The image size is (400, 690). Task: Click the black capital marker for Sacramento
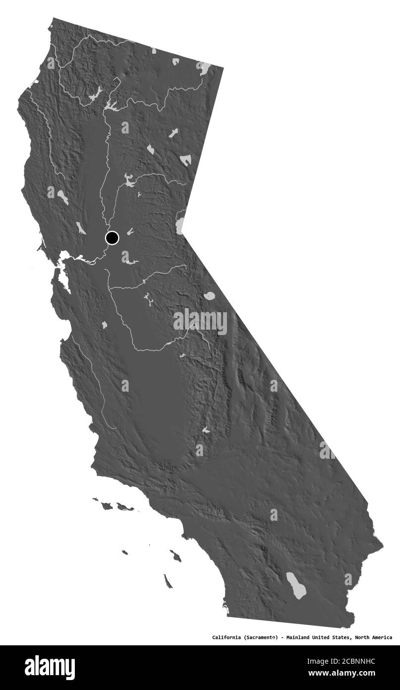[113, 238]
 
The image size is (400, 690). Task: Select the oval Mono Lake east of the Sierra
[209, 296]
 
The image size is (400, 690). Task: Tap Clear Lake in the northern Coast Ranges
[62, 197]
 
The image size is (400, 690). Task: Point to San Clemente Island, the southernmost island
[168, 581]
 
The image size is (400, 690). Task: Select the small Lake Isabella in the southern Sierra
[205, 430]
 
